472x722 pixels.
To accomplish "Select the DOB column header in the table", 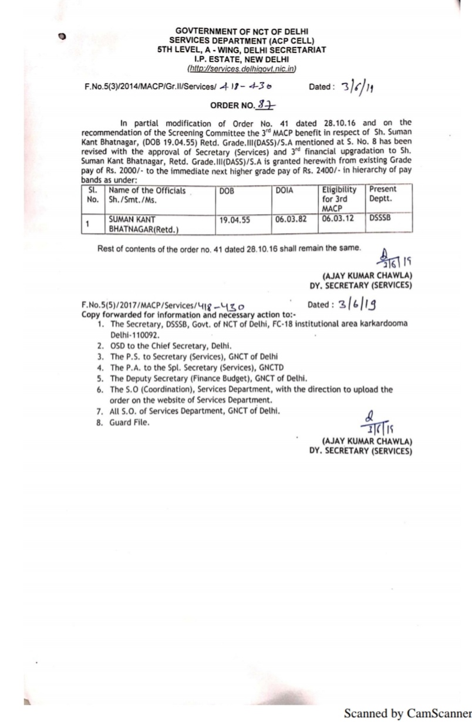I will [227, 190].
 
